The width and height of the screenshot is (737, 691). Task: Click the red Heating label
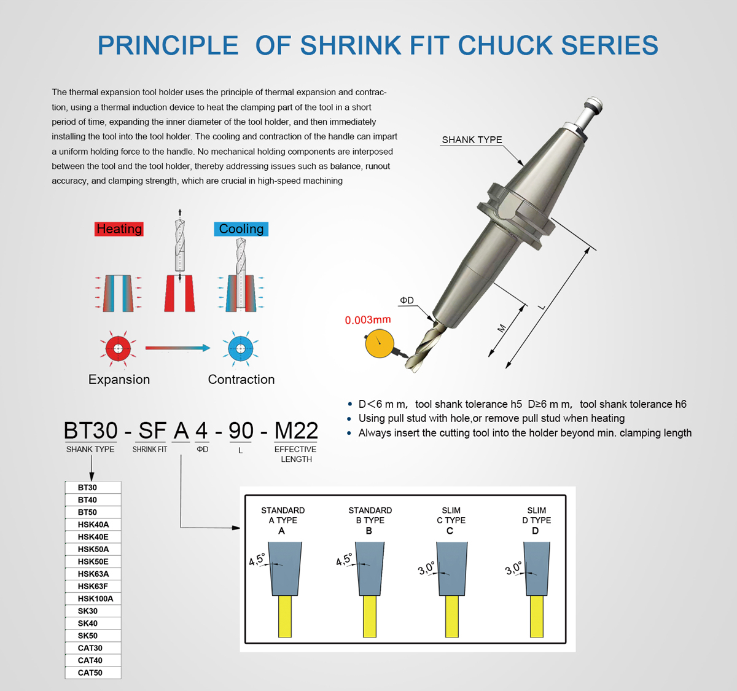pyautogui.click(x=119, y=229)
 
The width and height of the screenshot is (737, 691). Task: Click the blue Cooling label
pyautogui.click(x=241, y=229)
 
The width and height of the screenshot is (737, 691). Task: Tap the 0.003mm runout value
pyautogui.click(x=367, y=320)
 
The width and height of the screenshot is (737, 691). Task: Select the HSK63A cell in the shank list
pyautogui.click(x=93, y=574)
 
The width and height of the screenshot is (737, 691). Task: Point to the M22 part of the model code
pyautogui.click(x=296, y=431)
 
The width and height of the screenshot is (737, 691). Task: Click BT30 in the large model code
pyautogui.click(x=90, y=431)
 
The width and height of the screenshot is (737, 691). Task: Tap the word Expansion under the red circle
pyautogui.click(x=119, y=380)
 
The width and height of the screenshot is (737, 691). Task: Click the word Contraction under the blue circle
pyautogui.click(x=241, y=380)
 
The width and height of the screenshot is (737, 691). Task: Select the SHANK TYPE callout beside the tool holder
pyautogui.click(x=472, y=140)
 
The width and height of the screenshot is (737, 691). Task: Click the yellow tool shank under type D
pyautogui.click(x=536, y=616)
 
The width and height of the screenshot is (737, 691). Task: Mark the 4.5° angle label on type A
pyautogui.click(x=257, y=560)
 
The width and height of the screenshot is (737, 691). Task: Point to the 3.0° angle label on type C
pyautogui.click(x=427, y=569)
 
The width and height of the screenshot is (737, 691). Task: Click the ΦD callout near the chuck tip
pyautogui.click(x=407, y=300)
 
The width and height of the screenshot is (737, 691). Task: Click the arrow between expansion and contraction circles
pyautogui.click(x=177, y=348)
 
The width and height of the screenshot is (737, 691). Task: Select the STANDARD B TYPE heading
pyautogui.click(x=370, y=515)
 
